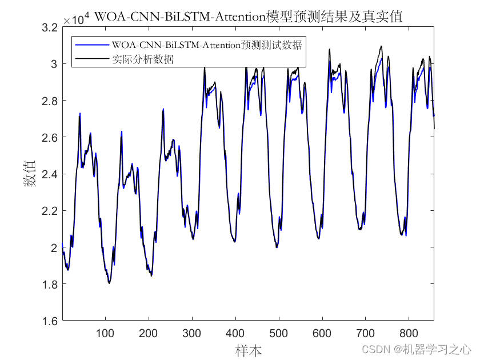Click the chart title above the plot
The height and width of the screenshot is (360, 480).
[248, 17]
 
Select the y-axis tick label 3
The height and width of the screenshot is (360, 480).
[55, 64]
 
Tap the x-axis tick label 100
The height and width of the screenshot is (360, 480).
[105, 334]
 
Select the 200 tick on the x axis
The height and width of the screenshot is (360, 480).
[149, 334]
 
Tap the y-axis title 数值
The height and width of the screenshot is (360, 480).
[29, 174]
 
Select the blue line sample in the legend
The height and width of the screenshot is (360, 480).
[91, 45]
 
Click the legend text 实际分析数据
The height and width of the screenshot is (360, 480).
[143, 58]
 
